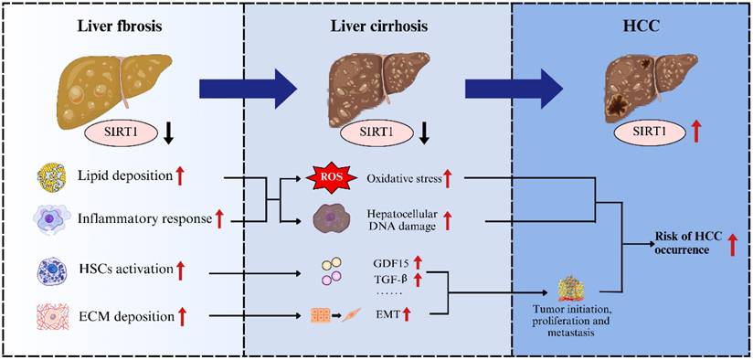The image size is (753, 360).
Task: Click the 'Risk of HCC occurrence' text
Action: (x=684, y=242)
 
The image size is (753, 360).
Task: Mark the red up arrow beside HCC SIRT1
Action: (x=672, y=134)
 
